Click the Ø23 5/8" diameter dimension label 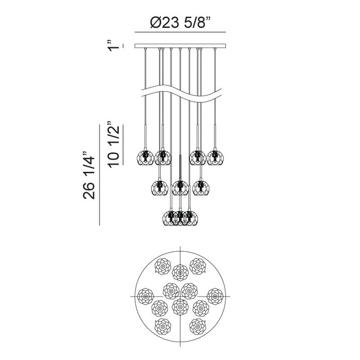pos(180,22)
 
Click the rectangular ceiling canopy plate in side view pos(180,46)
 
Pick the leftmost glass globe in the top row pos(145,158)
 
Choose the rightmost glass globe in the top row pos(215,158)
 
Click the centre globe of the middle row pos(180,188)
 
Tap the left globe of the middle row pos(160,188)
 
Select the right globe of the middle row pos(201,188)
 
